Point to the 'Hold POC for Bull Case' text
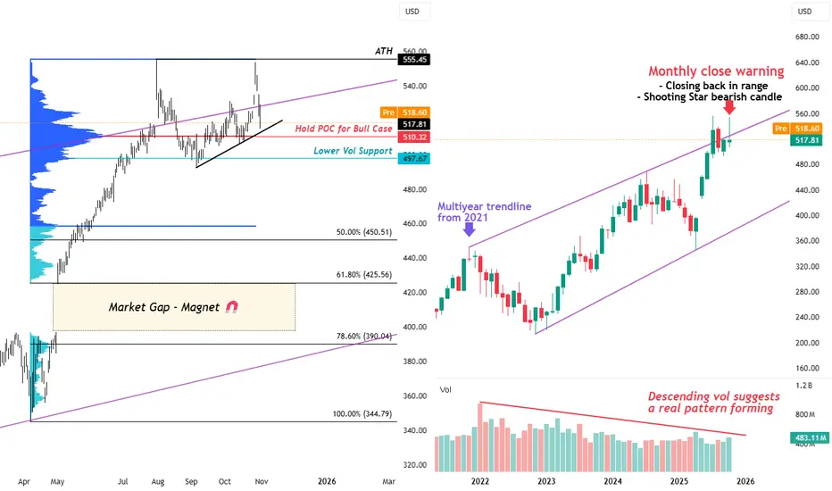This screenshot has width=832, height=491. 344,129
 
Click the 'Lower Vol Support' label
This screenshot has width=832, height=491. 353,151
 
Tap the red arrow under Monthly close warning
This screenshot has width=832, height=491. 729,106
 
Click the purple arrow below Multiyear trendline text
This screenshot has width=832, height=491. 470,229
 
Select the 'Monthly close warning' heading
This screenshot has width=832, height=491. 716,71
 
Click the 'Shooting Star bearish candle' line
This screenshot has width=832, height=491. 724,96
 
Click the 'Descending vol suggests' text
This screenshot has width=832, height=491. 714,396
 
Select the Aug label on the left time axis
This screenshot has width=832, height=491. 157,480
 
